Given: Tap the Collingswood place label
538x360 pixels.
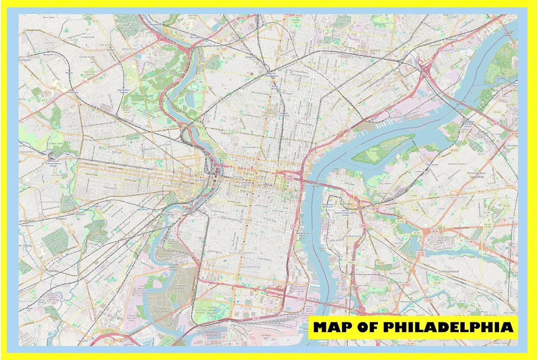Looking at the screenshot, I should pos(448,271).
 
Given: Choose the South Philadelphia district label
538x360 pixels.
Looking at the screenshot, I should pos(242,253).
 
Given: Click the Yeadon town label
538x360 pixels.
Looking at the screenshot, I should pos(61,218).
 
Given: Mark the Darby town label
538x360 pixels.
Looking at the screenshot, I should pos(53,271).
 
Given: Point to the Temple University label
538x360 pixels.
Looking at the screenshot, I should pos(284,114).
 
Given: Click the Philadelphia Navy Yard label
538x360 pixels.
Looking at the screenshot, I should pos(212,333).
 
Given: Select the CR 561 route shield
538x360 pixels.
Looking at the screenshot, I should pos(478,284).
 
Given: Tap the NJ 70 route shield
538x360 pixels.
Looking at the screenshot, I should pos(473,242).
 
